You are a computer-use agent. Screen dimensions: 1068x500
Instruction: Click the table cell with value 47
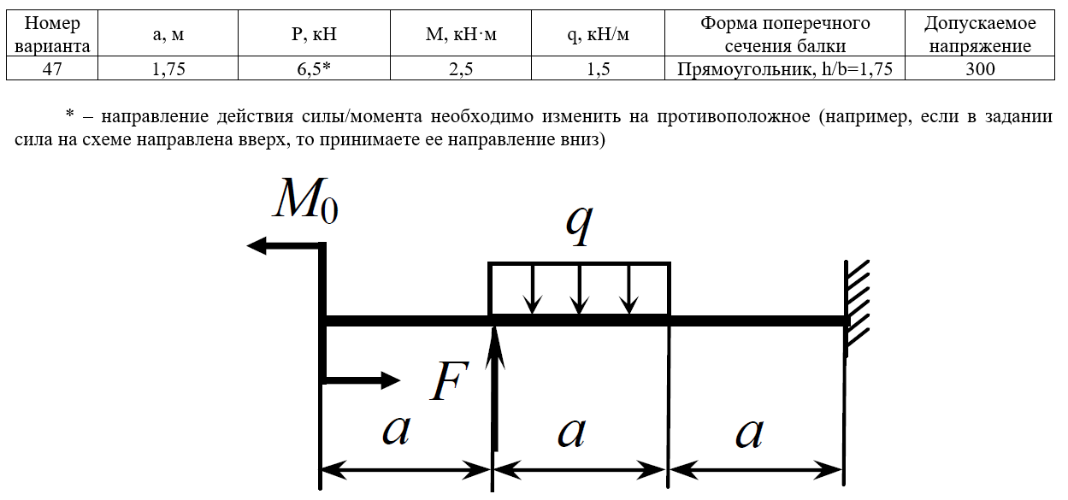[x=52, y=68]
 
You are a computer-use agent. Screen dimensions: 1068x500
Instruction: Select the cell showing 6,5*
[x=314, y=68]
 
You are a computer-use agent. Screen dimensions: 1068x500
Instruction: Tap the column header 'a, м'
[x=168, y=33]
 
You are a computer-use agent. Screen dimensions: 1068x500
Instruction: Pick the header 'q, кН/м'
[x=598, y=33]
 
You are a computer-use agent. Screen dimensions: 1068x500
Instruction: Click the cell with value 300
[x=980, y=68]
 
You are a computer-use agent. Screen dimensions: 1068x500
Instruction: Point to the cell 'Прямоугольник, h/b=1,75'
[x=785, y=68]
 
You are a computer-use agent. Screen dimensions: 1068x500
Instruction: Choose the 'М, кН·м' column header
[x=461, y=33]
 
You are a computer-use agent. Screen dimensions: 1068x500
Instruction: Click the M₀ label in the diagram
[x=305, y=199]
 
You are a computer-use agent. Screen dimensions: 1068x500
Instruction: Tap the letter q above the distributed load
[x=579, y=225]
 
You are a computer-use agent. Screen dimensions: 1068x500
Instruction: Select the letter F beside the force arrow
[x=449, y=380]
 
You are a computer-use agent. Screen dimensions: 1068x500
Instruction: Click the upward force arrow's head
[x=495, y=345]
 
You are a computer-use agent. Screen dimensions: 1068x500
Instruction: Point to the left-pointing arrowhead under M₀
[x=257, y=245]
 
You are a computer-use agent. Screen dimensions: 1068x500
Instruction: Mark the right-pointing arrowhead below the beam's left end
[x=391, y=379]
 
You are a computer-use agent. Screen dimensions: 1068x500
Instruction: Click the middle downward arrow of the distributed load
[x=579, y=289]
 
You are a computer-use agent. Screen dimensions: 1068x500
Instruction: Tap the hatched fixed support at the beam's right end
[x=857, y=308]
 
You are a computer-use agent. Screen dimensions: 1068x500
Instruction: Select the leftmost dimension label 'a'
[x=396, y=430]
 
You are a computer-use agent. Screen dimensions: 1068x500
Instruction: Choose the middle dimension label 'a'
[x=571, y=432]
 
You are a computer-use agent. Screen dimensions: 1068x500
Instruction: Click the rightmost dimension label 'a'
[x=749, y=432]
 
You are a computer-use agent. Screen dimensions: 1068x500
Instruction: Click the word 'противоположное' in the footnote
[x=734, y=116]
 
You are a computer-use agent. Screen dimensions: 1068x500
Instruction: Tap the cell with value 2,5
[x=461, y=68]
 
